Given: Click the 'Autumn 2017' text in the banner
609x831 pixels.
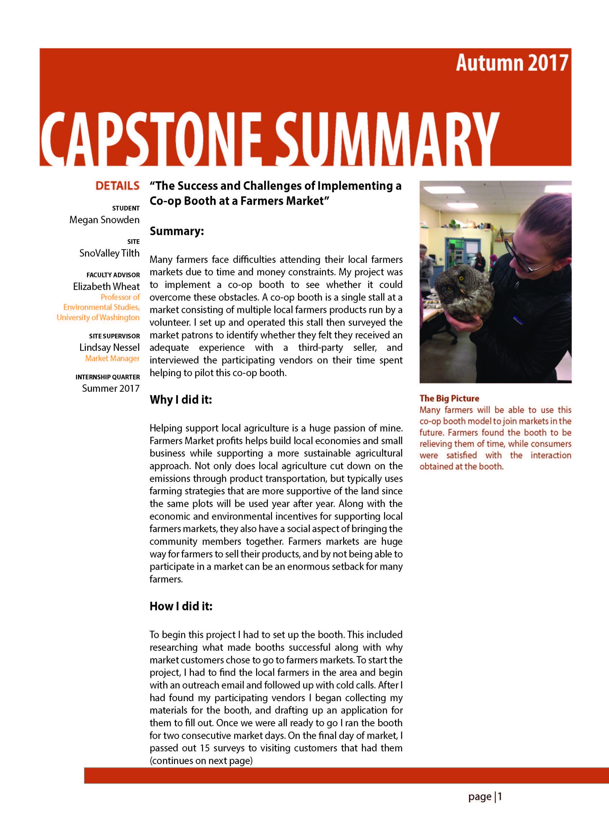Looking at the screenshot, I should pos(511,63).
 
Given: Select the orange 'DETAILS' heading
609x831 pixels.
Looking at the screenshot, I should pos(117,186).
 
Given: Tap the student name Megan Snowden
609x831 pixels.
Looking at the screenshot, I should pos(104,220).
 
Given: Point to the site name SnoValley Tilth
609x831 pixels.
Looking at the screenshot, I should pos(109,253).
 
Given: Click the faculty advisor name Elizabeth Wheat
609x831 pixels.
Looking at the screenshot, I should pos(106,286).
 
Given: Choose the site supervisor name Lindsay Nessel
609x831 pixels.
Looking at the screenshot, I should pos(109,348).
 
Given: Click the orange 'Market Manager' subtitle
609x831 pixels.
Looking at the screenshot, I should pos(112,358).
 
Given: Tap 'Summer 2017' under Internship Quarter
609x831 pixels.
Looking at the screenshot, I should pos(111,389).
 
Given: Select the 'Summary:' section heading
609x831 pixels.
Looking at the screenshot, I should pos(177,231).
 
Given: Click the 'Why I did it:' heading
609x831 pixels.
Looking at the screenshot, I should pos(180,400).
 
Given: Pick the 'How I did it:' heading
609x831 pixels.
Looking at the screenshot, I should pos(181,606).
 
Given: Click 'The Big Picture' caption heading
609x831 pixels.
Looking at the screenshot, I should pos(449,398).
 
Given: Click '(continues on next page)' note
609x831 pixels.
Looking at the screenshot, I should pos(201,761).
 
